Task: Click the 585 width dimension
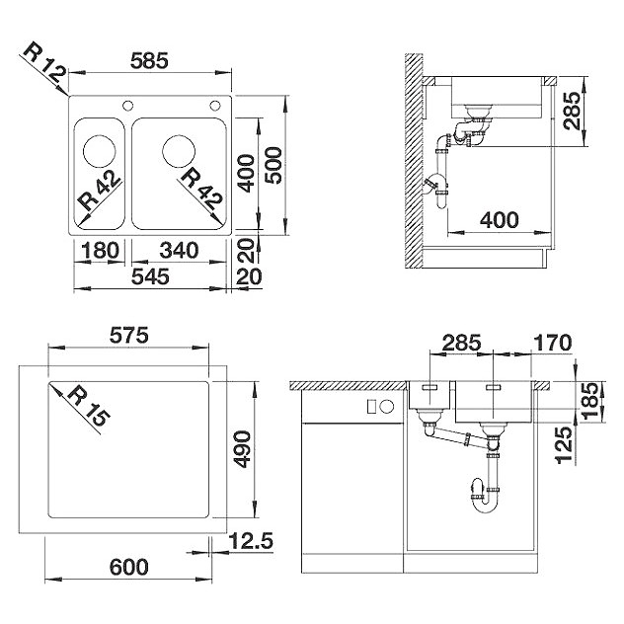tap(150, 61)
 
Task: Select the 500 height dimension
tap(273, 165)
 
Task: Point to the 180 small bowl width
tap(100, 251)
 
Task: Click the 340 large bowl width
tap(179, 251)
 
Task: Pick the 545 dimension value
tap(150, 276)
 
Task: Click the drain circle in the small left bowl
tap(100, 152)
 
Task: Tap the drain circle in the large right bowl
tap(179, 152)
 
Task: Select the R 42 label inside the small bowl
tap(100, 191)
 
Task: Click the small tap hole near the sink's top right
tap(215, 106)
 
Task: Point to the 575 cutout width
tap(129, 335)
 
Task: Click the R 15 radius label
tap(89, 407)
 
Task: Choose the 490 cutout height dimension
tap(242, 449)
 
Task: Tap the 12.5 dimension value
tap(251, 541)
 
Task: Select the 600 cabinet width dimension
tap(129, 567)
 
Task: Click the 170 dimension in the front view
tap(552, 343)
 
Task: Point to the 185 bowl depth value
tap(590, 400)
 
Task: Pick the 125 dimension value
tap(565, 445)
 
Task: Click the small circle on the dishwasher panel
tap(387, 407)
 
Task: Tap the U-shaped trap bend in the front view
tap(485, 504)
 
